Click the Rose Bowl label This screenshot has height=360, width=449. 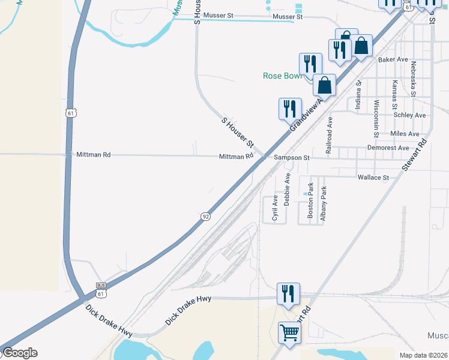click(284, 76)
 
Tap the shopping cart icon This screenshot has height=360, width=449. click(290, 332)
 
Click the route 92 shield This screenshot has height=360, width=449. click(205, 216)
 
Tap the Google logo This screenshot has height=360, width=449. click(19, 353)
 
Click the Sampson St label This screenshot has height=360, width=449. click(291, 157)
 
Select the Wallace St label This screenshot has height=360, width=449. click(373, 178)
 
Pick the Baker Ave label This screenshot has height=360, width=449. click(393, 60)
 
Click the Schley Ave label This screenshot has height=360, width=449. click(409, 115)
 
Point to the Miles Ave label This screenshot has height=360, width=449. click(405, 133)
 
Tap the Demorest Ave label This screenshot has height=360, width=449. click(388, 148)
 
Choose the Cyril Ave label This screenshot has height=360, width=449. click(275, 208)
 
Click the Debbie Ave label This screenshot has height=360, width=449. click(288, 190)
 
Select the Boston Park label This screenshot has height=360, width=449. click(310, 200)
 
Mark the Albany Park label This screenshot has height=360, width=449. click(324, 205)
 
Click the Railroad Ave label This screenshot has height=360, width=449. click(329, 136)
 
